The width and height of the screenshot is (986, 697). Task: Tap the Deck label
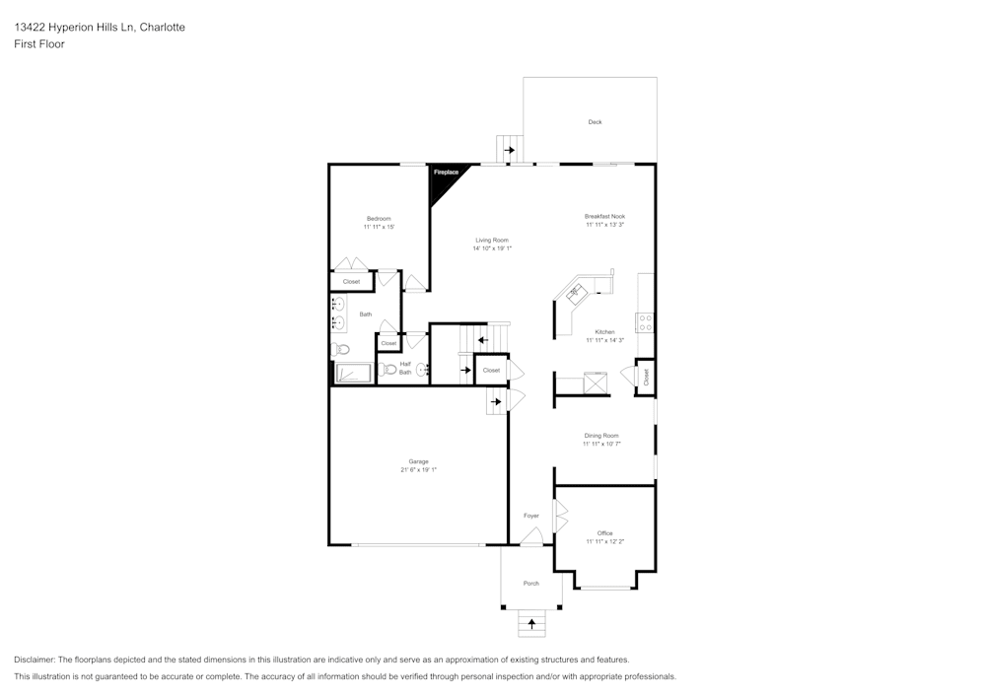point(595,122)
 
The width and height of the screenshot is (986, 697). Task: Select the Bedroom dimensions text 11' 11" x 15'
point(379,228)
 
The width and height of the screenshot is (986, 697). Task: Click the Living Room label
point(492,240)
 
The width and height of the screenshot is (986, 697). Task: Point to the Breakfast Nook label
point(604,216)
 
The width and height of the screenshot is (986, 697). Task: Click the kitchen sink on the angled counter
point(575,291)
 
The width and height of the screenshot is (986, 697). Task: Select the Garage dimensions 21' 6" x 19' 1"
point(418,470)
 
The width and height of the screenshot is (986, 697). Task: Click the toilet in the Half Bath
point(388,371)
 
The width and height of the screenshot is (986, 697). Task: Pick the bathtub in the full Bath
point(352,374)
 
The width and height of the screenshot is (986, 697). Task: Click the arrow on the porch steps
point(532,623)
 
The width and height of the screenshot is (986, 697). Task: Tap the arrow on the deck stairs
point(510,150)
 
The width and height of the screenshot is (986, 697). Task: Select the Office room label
point(604,533)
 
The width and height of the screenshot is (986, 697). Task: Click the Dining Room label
point(601,435)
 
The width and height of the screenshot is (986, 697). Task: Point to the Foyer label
point(531,516)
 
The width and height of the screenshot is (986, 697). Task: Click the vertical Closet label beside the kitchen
point(646,377)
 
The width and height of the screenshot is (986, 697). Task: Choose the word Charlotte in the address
point(163,28)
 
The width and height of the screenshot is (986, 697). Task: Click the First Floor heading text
point(39,44)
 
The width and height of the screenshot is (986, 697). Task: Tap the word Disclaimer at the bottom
point(35,660)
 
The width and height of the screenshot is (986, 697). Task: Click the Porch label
point(531,584)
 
